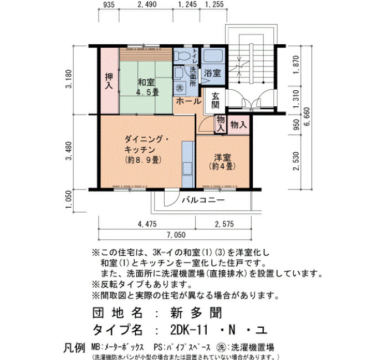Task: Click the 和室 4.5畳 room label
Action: click(x=148, y=87)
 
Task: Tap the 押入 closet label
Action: click(x=109, y=81)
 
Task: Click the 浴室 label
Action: click(x=212, y=73)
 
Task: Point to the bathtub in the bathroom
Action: click(x=213, y=55)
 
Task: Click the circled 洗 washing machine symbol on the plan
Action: click(x=180, y=88)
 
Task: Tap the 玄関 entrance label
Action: click(x=215, y=101)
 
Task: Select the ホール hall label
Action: click(x=188, y=101)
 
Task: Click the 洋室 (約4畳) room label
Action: click(x=222, y=162)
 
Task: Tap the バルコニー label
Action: click(x=203, y=200)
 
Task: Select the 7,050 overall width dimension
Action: click(x=176, y=234)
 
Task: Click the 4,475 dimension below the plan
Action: click(x=147, y=224)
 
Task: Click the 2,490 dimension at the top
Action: click(x=146, y=4)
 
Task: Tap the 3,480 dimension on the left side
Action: click(x=69, y=151)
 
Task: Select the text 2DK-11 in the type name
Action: click(x=190, y=330)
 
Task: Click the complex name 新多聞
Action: click(x=196, y=313)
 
